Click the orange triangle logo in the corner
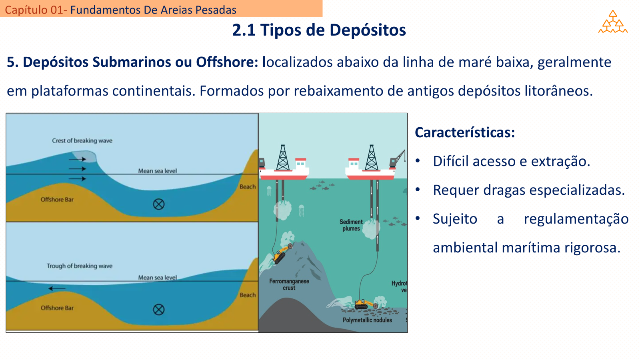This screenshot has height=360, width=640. [613, 22]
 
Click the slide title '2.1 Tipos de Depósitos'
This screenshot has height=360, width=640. [319, 30]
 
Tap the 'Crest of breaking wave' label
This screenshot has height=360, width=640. [82, 140]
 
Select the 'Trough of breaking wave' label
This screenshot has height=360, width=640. [80, 266]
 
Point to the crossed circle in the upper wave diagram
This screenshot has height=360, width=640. [158, 204]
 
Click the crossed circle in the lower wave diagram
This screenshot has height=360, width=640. [158, 310]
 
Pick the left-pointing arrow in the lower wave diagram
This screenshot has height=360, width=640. [57, 288]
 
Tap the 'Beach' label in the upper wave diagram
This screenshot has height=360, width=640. [248, 187]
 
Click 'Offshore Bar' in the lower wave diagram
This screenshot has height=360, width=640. [57, 308]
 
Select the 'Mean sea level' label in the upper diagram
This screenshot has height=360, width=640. [158, 171]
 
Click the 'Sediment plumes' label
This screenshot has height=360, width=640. [351, 225]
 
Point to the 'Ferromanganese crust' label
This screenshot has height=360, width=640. [289, 284]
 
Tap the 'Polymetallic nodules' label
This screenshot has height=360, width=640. [367, 320]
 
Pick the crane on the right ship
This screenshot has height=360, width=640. [398, 159]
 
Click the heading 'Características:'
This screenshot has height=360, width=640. [465, 132]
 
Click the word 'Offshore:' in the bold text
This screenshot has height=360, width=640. [227, 62]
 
